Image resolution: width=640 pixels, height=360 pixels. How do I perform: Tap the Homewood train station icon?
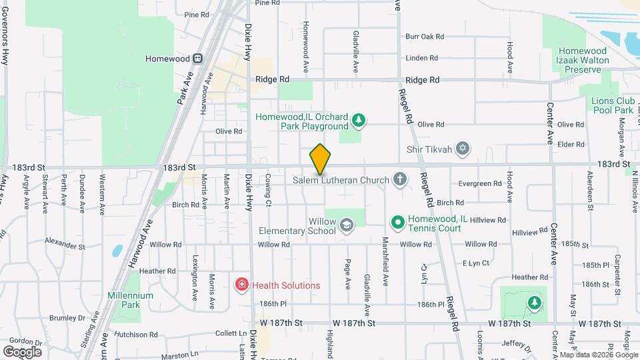198,59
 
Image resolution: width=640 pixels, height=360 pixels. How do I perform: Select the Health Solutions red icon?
241,285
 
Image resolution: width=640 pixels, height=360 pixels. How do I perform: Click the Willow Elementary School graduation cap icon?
346,225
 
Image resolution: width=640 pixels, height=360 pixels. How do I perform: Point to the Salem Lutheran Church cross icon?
399,179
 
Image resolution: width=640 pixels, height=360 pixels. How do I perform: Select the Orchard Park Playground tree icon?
359,120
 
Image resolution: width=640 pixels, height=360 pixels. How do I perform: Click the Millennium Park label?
130,295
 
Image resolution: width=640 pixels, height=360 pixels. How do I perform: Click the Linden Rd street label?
421,57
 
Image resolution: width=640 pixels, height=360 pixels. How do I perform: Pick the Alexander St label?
65,244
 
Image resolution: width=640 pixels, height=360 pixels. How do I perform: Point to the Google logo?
22,351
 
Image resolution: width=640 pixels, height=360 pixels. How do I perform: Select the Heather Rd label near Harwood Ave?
157,271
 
